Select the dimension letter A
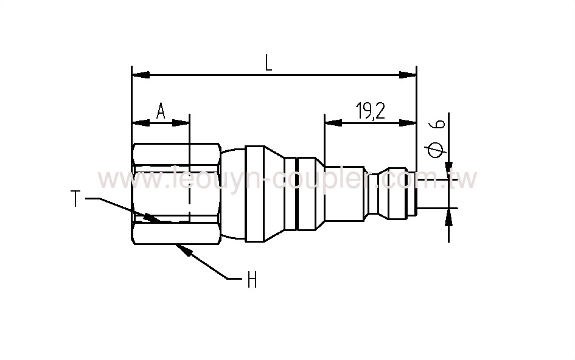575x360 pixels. coord(161,111)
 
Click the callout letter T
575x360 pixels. coord(75,199)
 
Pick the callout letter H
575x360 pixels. coord(251,281)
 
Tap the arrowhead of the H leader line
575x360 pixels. coord(184,249)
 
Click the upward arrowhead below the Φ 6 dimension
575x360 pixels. coord(450,216)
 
